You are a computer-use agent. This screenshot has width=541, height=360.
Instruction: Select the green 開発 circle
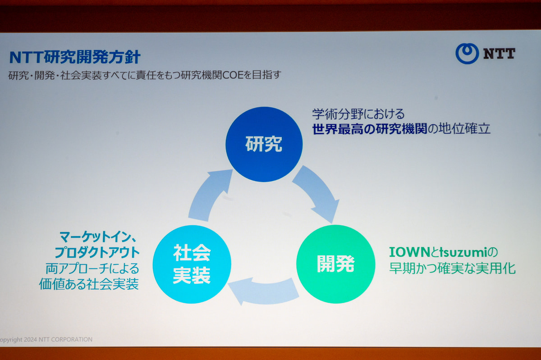point(335,264)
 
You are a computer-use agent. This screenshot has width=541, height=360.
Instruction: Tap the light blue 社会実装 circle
point(192,264)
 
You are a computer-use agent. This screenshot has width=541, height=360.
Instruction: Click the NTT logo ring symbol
point(467,54)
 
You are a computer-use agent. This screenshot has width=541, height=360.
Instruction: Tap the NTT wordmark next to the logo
point(499,54)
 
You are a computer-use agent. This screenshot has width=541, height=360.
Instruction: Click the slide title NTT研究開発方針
point(75,57)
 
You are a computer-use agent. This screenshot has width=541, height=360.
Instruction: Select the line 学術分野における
point(358,113)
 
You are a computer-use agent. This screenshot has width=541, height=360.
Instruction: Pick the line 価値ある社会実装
point(89,285)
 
